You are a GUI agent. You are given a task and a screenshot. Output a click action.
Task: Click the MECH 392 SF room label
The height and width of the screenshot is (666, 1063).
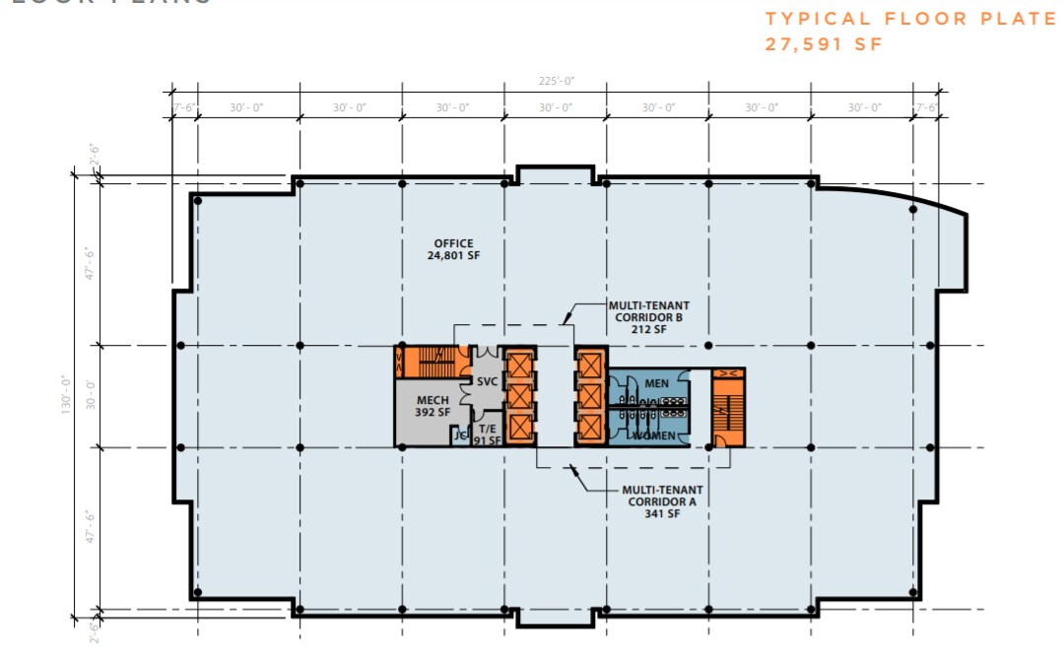pos(432,406)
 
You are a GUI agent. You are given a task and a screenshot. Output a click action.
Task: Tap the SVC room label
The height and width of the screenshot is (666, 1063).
pos(487,381)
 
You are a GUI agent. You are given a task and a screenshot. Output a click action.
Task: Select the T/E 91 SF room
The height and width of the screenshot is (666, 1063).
pos(488,434)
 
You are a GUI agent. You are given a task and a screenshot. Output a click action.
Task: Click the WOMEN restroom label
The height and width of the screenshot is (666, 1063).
pos(654,435)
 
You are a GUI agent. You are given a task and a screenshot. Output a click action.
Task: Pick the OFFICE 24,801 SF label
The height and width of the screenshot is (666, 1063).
pos(454,249)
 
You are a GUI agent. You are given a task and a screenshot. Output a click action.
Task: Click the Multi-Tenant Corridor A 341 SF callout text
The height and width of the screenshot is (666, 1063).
pos(660,500)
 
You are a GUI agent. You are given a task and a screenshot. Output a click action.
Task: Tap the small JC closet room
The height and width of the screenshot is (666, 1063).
pos(458,436)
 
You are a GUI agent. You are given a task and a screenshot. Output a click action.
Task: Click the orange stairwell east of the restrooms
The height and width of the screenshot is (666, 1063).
pos(728,406)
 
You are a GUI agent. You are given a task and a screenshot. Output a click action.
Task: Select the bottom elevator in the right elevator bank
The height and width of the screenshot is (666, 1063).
pos(590,428)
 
